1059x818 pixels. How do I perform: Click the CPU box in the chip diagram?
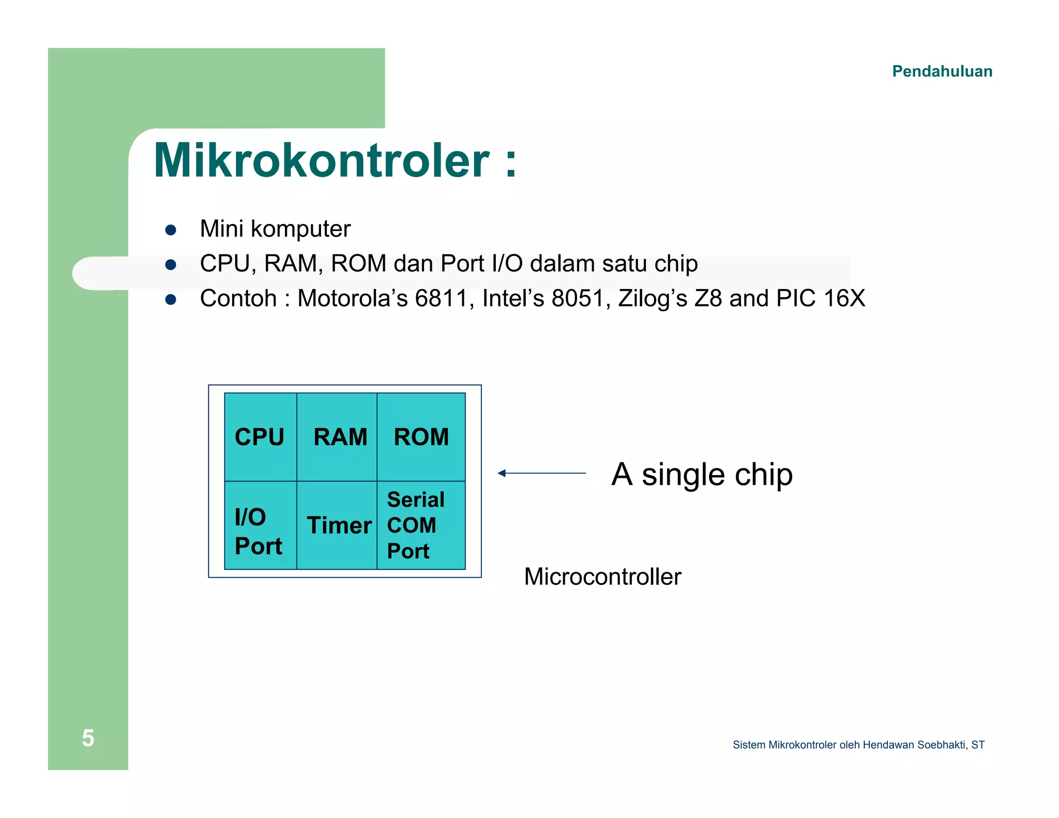pos(260,437)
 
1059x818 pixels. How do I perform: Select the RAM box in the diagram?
pos(337,437)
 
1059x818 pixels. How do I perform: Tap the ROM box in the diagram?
pos(421,437)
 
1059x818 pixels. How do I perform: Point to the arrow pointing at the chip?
pos(541,473)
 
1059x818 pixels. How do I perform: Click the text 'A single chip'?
pos(702,474)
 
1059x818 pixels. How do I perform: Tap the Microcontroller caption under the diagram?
pos(602,577)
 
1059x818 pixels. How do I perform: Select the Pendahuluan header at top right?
pos(942,71)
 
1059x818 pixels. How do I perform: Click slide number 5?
pos(88,738)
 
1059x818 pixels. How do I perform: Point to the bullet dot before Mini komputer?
pos(171,230)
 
